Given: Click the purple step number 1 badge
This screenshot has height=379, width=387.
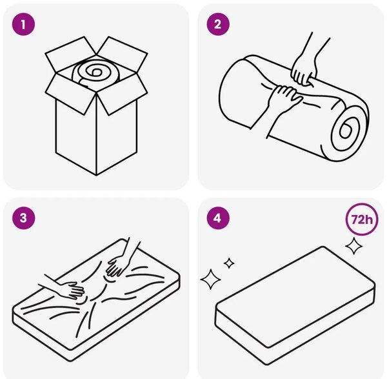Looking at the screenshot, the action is pos(23,25).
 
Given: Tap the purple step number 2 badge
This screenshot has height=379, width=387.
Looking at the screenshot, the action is pos(218,25).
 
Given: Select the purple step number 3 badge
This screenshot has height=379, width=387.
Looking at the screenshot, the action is pos(23,218).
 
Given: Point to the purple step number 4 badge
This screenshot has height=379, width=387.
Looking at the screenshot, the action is pos(218,218).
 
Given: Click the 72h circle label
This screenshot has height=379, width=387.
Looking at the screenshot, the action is pos(362,219).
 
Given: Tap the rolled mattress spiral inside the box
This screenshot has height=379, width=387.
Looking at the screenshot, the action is pos(95,72).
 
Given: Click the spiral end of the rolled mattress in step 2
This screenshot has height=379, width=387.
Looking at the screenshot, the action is pos(348,130).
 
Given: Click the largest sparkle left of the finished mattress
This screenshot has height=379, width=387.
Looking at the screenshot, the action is pos(210,279).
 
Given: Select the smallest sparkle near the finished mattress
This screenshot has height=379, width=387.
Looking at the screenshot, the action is pos(229,263).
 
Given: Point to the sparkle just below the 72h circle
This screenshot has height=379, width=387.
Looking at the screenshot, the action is pos(354,245).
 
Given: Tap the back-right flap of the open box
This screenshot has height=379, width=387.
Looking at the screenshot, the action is pos(122,54).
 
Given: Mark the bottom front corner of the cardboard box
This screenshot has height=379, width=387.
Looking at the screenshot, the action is pos(97,176).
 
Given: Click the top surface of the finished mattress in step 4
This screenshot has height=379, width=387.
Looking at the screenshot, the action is pos(295,284).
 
